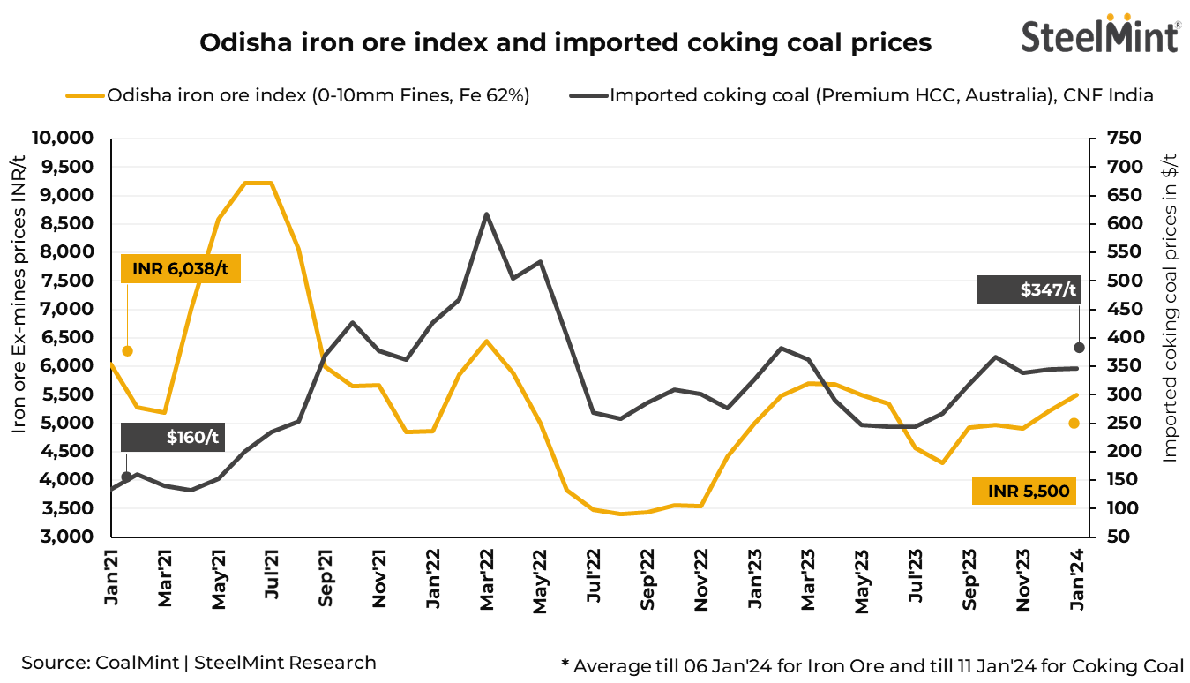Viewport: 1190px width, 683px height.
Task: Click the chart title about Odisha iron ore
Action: [565, 42]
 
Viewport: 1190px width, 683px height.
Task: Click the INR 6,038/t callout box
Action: [180, 268]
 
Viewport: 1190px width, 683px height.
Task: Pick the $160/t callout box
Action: [171, 438]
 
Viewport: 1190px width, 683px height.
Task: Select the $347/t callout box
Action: [1029, 289]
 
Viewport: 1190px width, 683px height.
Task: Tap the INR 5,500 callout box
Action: [1024, 490]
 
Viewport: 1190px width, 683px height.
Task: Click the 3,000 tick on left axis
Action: [68, 537]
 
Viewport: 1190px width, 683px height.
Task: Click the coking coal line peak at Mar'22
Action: [486, 214]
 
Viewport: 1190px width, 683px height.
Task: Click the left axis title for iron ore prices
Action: [19, 294]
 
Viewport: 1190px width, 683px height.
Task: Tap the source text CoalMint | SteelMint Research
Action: [199, 663]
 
